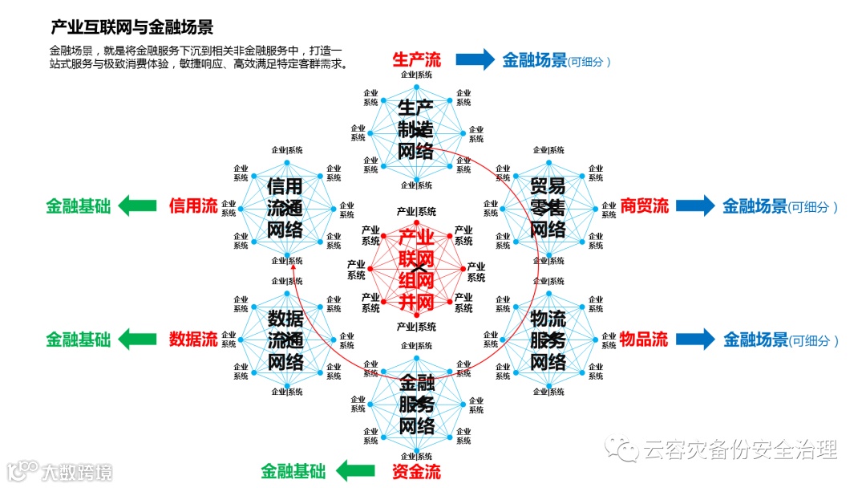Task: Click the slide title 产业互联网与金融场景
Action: (132, 28)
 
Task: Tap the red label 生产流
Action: (416, 59)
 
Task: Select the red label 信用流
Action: (192, 206)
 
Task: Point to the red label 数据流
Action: (192, 339)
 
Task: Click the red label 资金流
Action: (416, 471)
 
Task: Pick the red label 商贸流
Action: (644, 206)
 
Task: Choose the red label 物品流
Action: (643, 339)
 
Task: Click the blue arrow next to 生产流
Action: (475, 59)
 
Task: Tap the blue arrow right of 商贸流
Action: (695, 206)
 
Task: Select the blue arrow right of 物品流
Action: (695, 339)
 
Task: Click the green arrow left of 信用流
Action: (138, 206)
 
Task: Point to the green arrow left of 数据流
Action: (138, 339)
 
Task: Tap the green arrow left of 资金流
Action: (356, 471)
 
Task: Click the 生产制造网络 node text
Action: (416, 129)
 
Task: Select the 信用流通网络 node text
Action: (285, 208)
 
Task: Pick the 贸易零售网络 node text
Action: (548, 208)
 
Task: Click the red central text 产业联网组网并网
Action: (416, 270)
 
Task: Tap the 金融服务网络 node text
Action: (416, 404)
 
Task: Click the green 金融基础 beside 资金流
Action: (293, 471)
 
